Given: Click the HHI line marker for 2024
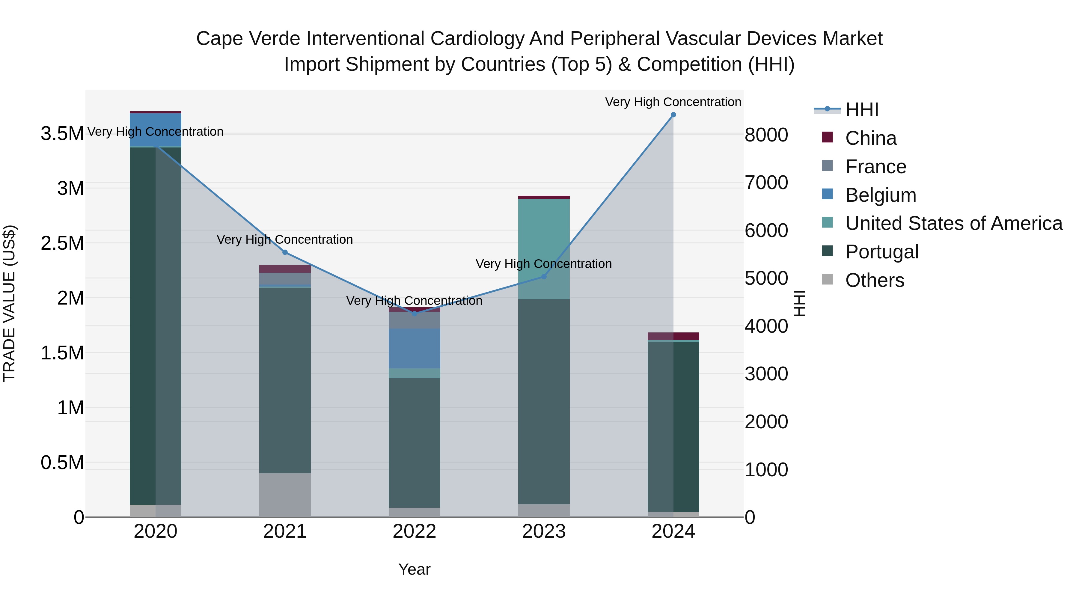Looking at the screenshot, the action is (673, 115).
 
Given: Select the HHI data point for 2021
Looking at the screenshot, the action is (285, 252).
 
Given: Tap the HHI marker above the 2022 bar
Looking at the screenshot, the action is (414, 313).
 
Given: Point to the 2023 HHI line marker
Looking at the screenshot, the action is (544, 276).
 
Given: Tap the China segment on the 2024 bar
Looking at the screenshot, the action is (673, 336).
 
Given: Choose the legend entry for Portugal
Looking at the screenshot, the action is (882, 252).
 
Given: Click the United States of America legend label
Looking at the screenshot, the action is (954, 223).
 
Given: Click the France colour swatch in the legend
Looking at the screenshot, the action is (827, 166).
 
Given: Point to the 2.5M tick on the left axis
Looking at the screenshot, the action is (62, 243).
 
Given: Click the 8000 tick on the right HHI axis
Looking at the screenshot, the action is (766, 135).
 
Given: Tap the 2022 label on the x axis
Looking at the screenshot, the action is (414, 531).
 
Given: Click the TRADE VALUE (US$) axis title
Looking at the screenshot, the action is (9, 303).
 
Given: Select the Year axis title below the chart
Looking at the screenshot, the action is (414, 569).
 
